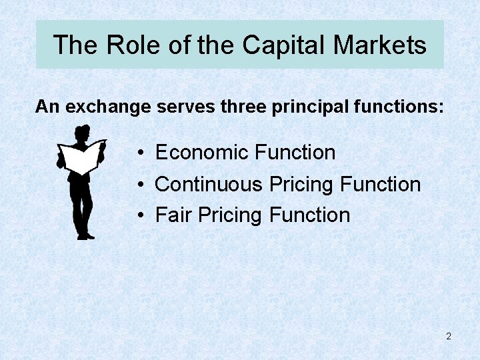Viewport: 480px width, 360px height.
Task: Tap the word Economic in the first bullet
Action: coord(203,153)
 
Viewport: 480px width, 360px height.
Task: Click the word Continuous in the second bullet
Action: coord(209,184)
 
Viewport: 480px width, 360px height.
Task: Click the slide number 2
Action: coord(449,337)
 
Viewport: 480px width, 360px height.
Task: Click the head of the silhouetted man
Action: coord(82,133)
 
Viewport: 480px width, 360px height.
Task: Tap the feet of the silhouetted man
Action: coord(85,235)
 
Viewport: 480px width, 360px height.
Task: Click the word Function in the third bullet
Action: coord(309,215)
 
